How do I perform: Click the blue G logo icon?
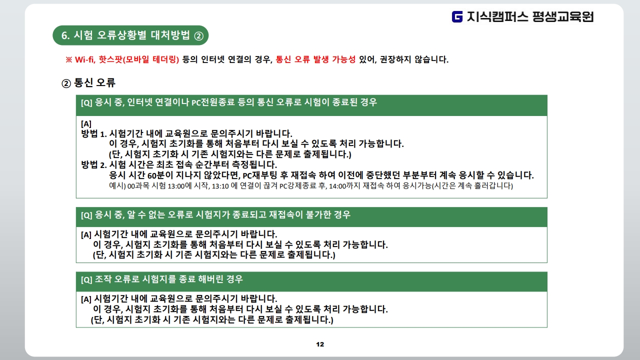[457, 16]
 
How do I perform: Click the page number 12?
[320, 344]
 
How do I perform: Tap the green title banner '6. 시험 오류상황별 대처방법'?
[130, 35]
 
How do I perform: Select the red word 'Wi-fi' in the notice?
[85, 59]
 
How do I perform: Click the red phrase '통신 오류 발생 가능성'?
[315, 59]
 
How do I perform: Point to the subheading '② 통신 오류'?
[88, 83]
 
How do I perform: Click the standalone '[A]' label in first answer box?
[86, 124]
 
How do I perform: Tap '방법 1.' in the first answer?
[94, 133]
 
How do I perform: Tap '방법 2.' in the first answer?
[94, 164]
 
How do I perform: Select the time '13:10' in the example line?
[220, 186]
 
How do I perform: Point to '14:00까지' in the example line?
[344, 186]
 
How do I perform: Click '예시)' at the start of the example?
[117, 186]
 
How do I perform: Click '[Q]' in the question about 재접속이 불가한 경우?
[86, 215]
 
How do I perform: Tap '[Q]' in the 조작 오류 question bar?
[86, 279]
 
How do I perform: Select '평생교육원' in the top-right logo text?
[563, 17]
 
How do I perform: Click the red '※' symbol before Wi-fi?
[69, 59]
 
